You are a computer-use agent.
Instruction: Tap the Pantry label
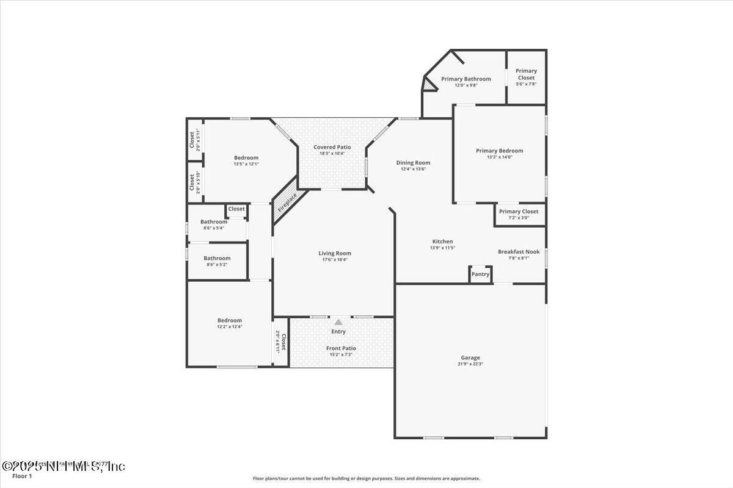click(x=481, y=274)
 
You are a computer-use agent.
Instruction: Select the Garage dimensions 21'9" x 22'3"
click(x=470, y=364)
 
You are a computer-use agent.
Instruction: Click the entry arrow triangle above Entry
click(x=338, y=321)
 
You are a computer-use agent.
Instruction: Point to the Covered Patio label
click(x=332, y=147)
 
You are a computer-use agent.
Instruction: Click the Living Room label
click(x=335, y=253)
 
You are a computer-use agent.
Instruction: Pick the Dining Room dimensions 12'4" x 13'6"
click(x=413, y=169)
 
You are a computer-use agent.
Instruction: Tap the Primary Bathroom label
click(x=466, y=79)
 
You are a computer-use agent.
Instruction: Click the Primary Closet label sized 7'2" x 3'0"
click(x=519, y=212)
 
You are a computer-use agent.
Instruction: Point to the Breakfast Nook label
click(x=519, y=251)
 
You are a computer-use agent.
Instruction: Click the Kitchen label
click(x=443, y=242)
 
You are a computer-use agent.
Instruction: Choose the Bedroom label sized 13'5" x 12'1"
click(x=246, y=157)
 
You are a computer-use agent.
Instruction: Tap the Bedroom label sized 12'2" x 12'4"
click(x=230, y=320)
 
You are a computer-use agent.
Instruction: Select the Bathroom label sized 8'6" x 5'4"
click(x=214, y=222)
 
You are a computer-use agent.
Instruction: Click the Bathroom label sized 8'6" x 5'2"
click(x=217, y=258)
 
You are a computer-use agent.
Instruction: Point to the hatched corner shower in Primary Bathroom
click(x=431, y=87)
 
